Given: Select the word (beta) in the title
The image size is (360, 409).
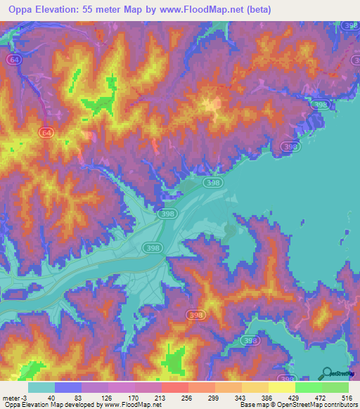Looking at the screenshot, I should click(271, 9).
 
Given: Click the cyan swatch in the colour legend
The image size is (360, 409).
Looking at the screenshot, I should click(41, 387).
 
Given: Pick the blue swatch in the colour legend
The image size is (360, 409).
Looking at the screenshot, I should click(68, 387).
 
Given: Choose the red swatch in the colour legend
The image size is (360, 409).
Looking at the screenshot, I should click(175, 387).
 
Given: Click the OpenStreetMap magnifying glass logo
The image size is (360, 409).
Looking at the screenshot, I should click(327, 373).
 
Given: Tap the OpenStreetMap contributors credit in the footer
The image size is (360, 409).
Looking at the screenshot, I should click(316, 405).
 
